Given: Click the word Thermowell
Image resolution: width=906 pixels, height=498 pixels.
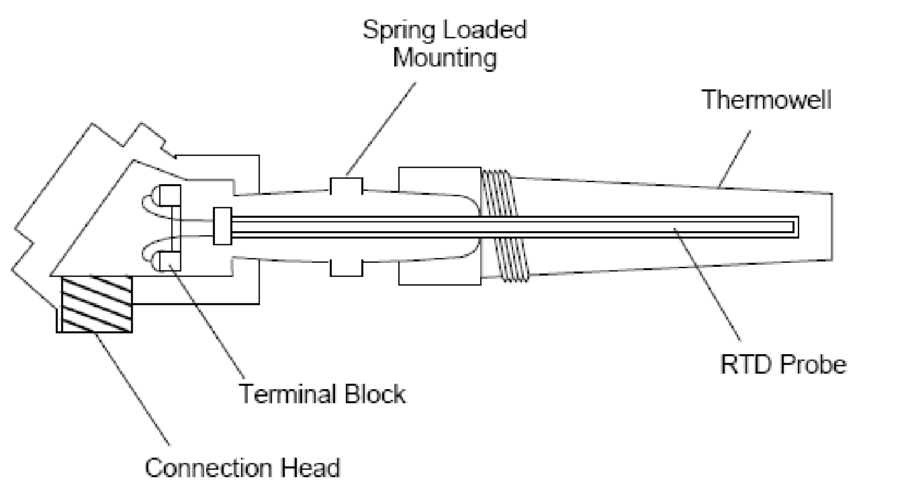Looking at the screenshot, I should point(766,101).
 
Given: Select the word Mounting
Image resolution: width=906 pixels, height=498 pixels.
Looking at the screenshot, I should point(445,58).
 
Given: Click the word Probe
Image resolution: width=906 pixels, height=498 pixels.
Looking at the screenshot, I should point(812,364).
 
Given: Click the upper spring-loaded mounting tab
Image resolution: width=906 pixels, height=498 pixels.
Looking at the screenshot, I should point(346,185).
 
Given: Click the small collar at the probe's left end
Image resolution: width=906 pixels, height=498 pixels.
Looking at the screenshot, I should point(222,226).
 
